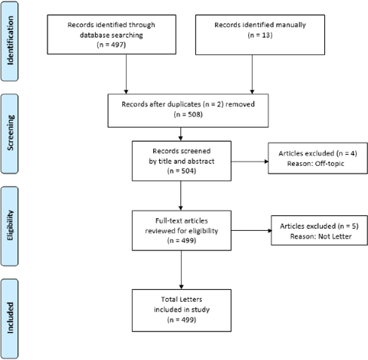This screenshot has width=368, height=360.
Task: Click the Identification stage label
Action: tap(10, 41)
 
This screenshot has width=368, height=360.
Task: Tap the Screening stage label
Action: tap(10, 133)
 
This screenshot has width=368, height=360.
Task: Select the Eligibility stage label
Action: tap(10, 226)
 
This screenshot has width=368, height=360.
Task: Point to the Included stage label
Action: tap(10, 318)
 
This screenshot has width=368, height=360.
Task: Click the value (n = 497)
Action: tap(112, 45)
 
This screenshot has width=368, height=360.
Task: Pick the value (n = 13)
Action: tap(260, 35)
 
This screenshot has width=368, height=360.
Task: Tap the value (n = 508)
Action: tap(188, 115)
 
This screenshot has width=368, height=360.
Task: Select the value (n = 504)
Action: tap(182, 171)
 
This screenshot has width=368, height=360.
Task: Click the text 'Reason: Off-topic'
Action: tap(315, 164)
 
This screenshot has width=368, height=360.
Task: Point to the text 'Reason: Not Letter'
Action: tap(320, 236)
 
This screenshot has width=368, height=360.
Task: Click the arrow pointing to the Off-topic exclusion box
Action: tap(250, 162)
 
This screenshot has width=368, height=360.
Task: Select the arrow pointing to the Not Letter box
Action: tap(251, 230)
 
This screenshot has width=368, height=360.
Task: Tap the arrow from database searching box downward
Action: tap(126, 74)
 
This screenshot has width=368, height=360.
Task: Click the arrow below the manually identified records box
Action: tap(252, 75)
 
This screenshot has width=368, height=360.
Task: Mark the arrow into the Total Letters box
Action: tap(181, 269)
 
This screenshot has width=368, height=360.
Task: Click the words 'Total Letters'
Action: tap(182, 300)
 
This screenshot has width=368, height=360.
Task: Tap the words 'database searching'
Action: tap(112, 35)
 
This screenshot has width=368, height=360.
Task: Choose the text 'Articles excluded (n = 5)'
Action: tap(319, 226)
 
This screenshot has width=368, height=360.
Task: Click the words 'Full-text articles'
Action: tap(182, 221)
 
